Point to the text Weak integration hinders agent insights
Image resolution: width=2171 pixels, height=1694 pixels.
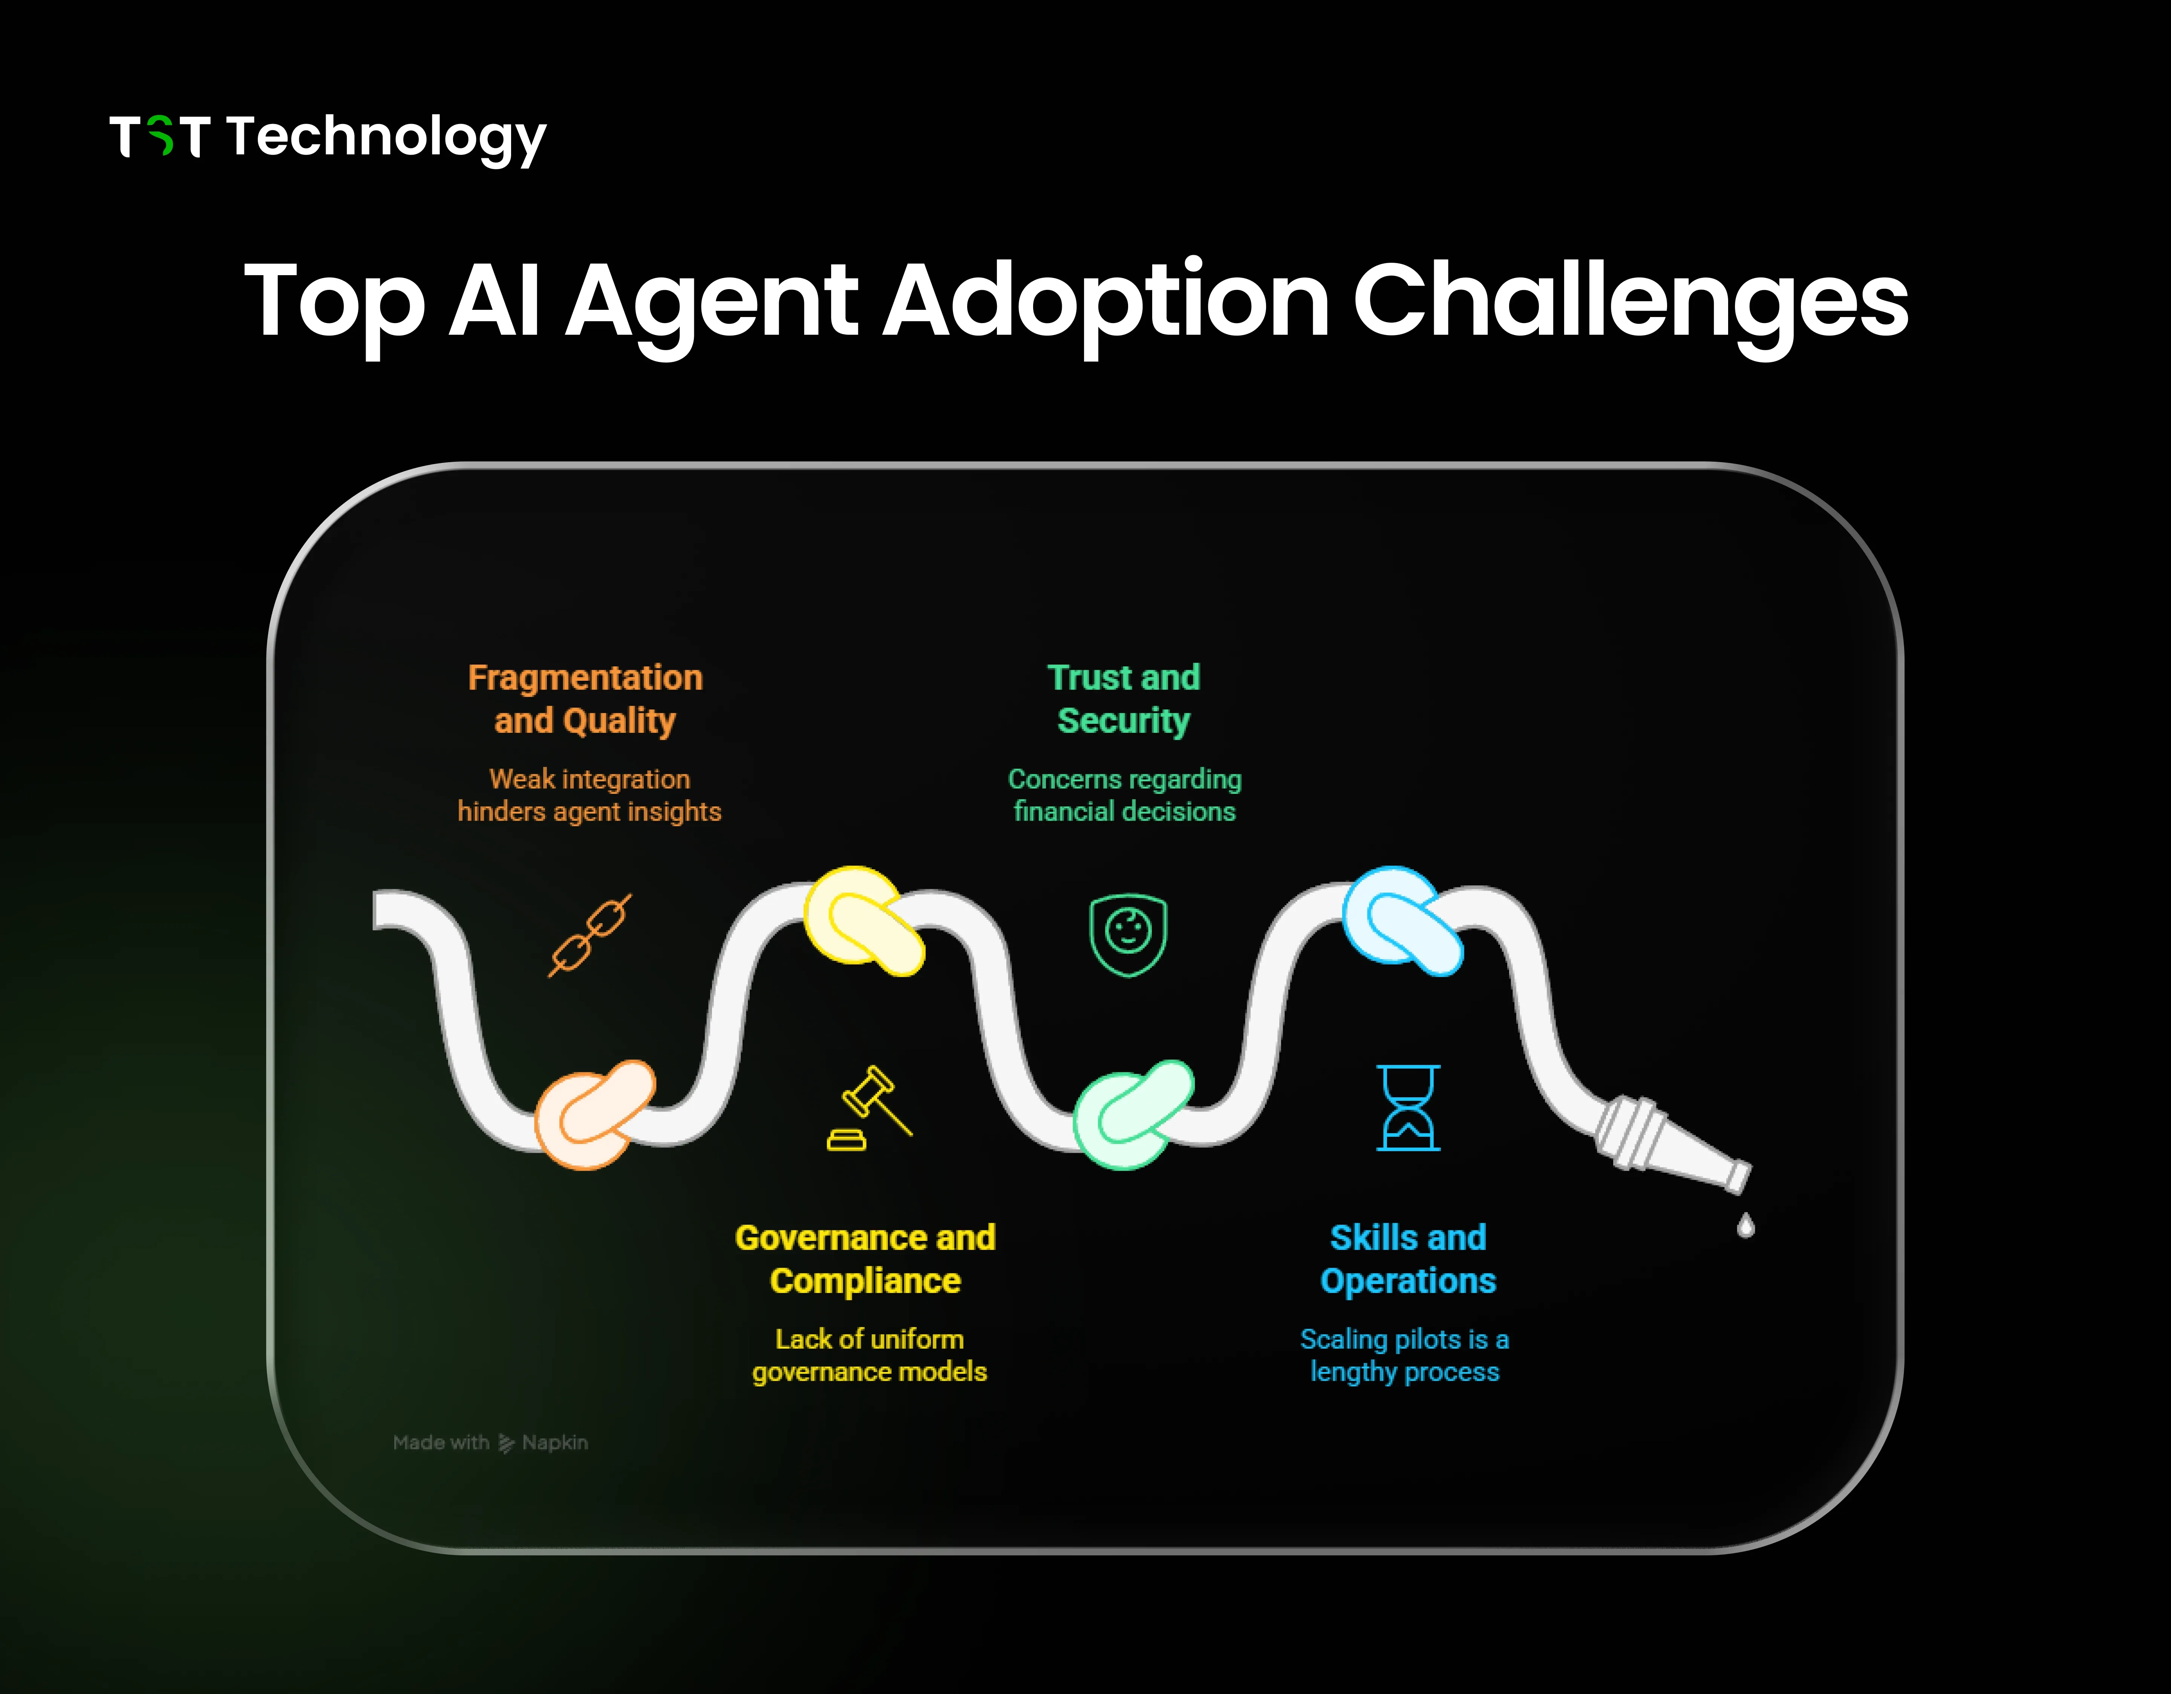(588, 795)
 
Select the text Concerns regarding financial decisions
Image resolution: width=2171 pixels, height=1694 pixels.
(1124, 795)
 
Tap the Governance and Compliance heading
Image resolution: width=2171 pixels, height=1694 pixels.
(865, 1259)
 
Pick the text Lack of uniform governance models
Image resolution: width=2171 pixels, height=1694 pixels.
(869, 1355)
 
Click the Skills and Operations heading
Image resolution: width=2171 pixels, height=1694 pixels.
(1408, 1259)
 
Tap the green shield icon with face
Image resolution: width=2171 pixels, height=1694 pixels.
(1127, 934)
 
